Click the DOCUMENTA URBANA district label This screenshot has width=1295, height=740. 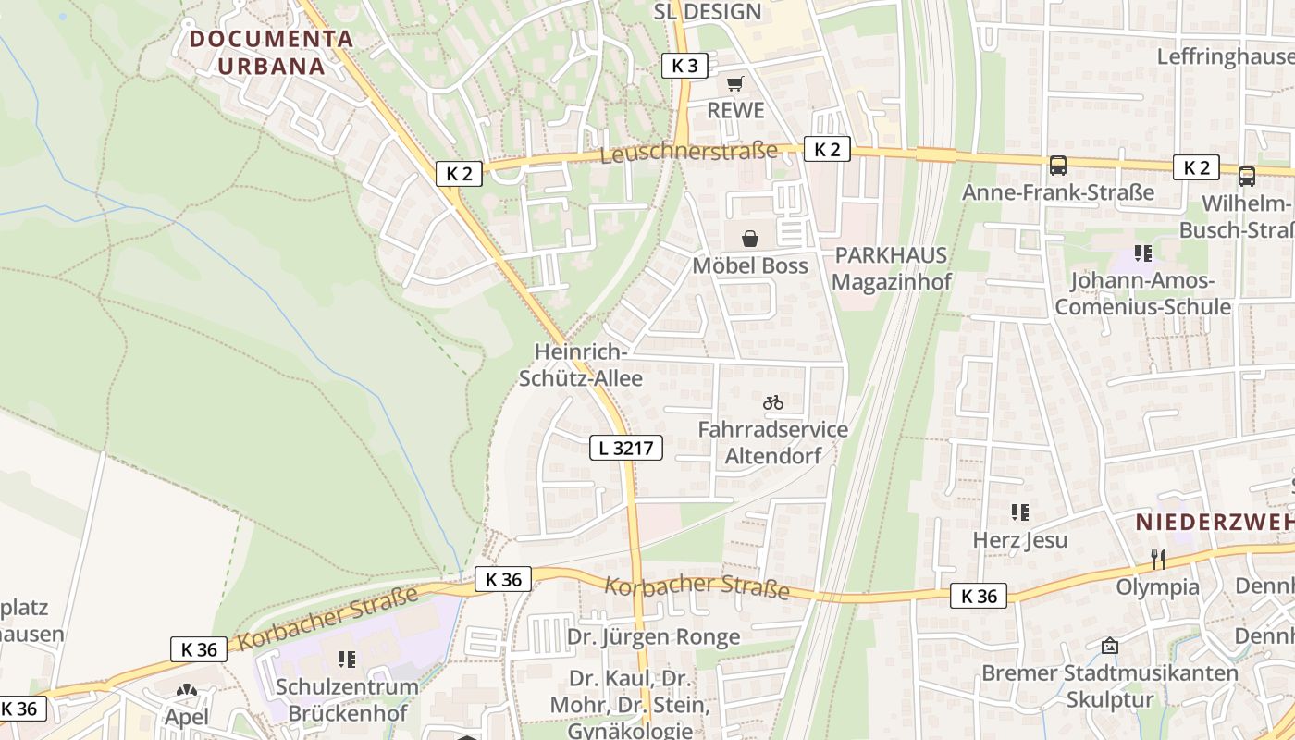coord(271,53)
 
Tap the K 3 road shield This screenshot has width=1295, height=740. coord(685,66)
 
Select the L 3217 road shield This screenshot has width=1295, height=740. coord(626,449)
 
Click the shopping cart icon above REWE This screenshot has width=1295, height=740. coord(735,84)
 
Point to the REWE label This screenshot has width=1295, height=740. coord(736,111)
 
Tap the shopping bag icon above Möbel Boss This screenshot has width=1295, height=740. coord(750,239)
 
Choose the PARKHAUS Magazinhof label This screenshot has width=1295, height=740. coord(892,268)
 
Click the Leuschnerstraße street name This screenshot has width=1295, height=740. coord(689,152)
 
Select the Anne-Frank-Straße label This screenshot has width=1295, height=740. coord(1058,192)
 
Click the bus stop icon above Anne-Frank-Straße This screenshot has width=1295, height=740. coord(1058,166)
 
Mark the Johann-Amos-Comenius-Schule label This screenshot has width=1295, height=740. coord(1143,294)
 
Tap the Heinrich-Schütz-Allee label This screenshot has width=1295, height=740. coord(581,365)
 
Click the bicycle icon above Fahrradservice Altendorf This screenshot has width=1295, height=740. coord(773,402)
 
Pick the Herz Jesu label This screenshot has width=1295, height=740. coord(1020,540)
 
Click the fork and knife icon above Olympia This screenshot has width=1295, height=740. coord(1157,559)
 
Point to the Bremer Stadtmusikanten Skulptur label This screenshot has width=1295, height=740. coord(1109,685)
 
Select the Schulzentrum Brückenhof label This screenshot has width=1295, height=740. coord(347,700)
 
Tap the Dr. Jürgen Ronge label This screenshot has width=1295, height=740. coord(653,637)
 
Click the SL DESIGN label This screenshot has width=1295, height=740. coord(708,12)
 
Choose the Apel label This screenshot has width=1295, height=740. coord(186,717)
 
